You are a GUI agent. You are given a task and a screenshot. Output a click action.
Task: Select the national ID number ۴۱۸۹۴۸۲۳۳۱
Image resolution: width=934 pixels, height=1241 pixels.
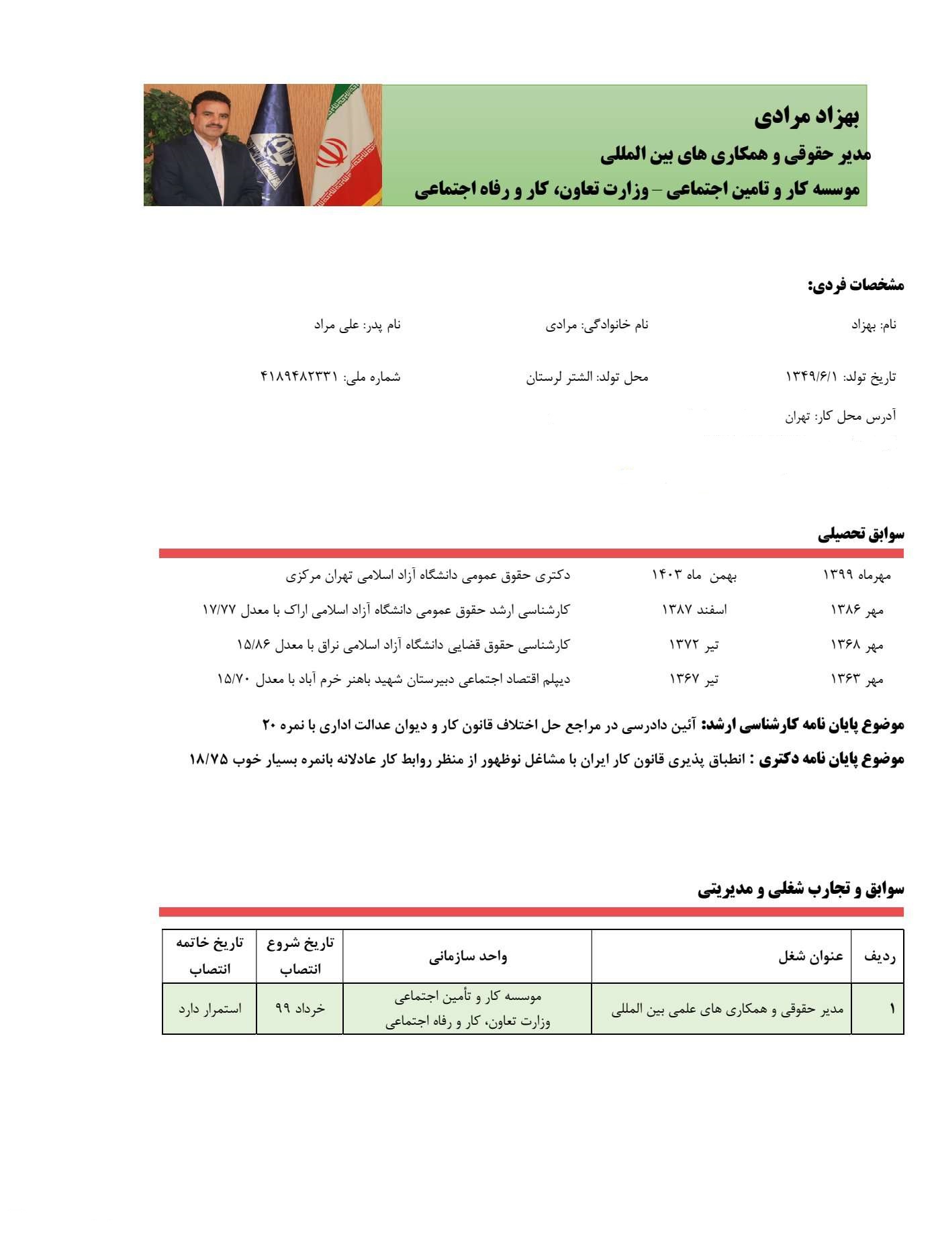tap(299, 377)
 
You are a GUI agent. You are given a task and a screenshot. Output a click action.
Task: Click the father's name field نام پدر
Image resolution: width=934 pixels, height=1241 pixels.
tap(357, 325)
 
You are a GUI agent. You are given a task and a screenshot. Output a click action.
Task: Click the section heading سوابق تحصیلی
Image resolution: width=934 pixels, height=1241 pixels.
tap(861, 535)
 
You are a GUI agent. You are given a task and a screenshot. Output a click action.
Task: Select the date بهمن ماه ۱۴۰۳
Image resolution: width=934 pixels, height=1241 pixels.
tap(694, 576)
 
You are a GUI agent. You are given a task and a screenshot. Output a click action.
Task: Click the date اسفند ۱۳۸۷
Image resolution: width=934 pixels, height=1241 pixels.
tap(694, 610)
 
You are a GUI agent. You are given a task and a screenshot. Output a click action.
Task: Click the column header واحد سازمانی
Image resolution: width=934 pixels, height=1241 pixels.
tap(467, 957)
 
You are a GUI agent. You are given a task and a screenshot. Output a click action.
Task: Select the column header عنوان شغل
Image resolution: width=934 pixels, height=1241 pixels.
tap(810, 957)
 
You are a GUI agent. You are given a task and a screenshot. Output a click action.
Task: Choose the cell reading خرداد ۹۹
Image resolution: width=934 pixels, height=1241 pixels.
tap(299, 1009)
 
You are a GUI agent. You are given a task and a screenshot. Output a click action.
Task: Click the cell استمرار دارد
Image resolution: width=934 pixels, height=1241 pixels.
tap(209, 1009)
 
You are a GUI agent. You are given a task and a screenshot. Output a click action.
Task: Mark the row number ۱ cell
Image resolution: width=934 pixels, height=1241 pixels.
tap(892, 1009)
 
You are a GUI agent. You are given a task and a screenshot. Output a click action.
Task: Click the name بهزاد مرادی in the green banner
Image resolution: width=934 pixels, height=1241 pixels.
tap(806, 117)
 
